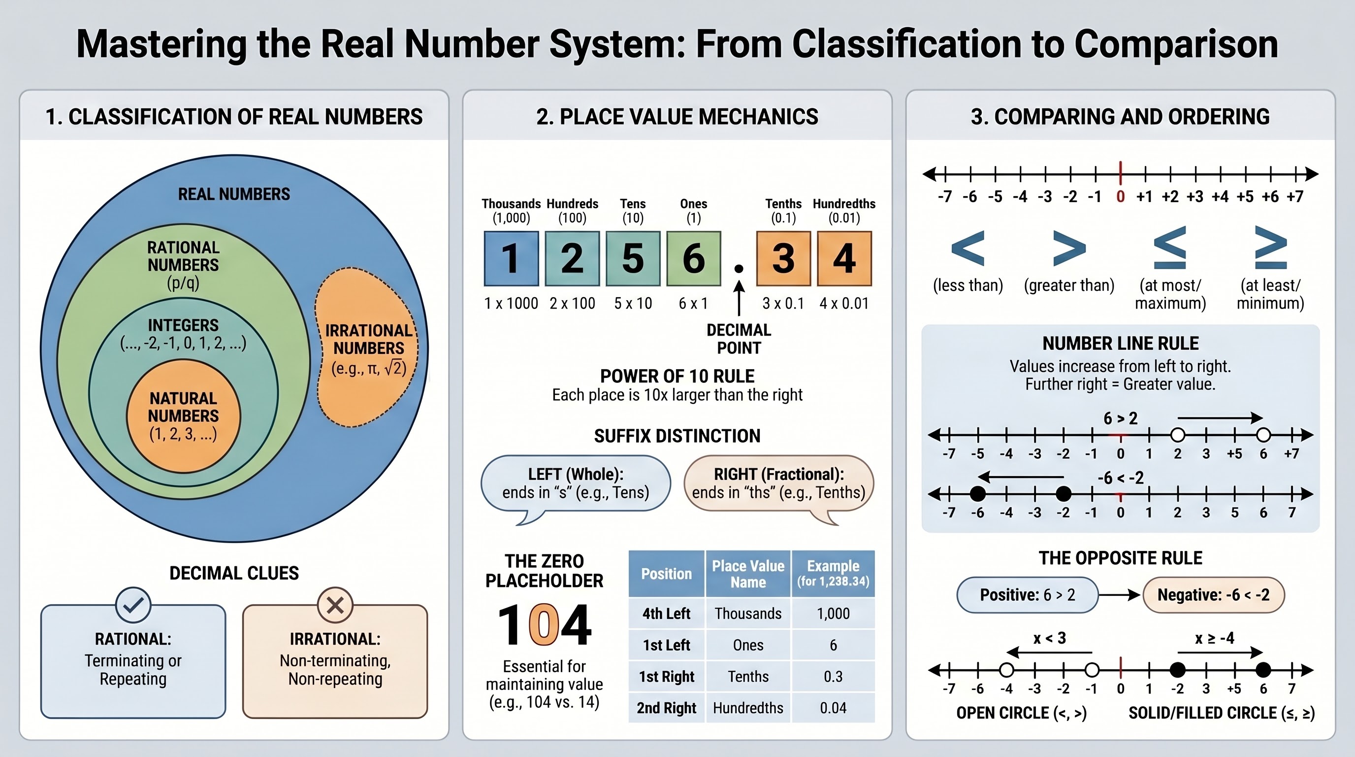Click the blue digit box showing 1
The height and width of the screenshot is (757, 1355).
point(511,258)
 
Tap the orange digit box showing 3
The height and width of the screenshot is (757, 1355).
point(783,258)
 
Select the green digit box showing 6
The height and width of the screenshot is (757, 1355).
point(694,258)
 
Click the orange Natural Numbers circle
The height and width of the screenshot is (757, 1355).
point(183,415)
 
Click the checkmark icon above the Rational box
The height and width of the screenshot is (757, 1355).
point(133,605)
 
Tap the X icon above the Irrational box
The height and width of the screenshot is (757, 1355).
point(335,605)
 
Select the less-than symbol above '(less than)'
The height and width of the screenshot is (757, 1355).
point(968,247)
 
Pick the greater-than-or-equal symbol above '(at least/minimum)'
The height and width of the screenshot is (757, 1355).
point(1270,247)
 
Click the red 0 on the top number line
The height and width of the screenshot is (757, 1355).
point(1121,196)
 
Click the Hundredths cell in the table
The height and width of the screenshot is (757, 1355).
point(748,708)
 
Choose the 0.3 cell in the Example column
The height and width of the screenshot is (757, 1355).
point(833,677)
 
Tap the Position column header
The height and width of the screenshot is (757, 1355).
point(667,574)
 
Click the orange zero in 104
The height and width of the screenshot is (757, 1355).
point(545,624)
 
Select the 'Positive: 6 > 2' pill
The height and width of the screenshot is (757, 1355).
point(1027,595)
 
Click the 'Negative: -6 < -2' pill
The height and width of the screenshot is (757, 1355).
point(1214,595)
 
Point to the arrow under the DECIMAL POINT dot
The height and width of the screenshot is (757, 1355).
point(739,298)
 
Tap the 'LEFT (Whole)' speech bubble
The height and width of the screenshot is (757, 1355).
point(576,487)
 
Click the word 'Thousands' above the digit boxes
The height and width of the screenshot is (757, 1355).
point(511,204)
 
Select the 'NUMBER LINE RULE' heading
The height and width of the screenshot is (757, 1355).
point(1121,343)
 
